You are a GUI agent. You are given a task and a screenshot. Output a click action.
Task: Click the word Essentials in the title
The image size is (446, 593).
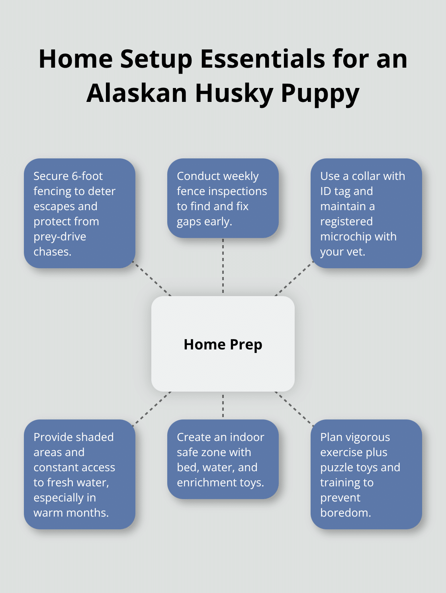point(263,59)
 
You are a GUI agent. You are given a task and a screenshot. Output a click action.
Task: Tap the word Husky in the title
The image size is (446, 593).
point(233,93)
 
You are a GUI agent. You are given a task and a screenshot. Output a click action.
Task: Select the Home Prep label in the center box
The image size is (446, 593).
point(223,344)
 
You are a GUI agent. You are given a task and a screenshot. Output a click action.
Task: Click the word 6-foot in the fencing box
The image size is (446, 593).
point(87,176)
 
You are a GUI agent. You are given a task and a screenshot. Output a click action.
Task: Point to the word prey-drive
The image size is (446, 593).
point(60,237)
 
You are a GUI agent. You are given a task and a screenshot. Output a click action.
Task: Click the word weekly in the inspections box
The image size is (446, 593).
point(241,176)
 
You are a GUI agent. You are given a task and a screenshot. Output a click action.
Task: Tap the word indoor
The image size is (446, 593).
point(247,437)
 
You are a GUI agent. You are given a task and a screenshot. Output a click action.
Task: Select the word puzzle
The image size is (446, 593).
point(335,467)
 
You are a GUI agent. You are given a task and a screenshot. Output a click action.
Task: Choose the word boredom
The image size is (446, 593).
point(345,513)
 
